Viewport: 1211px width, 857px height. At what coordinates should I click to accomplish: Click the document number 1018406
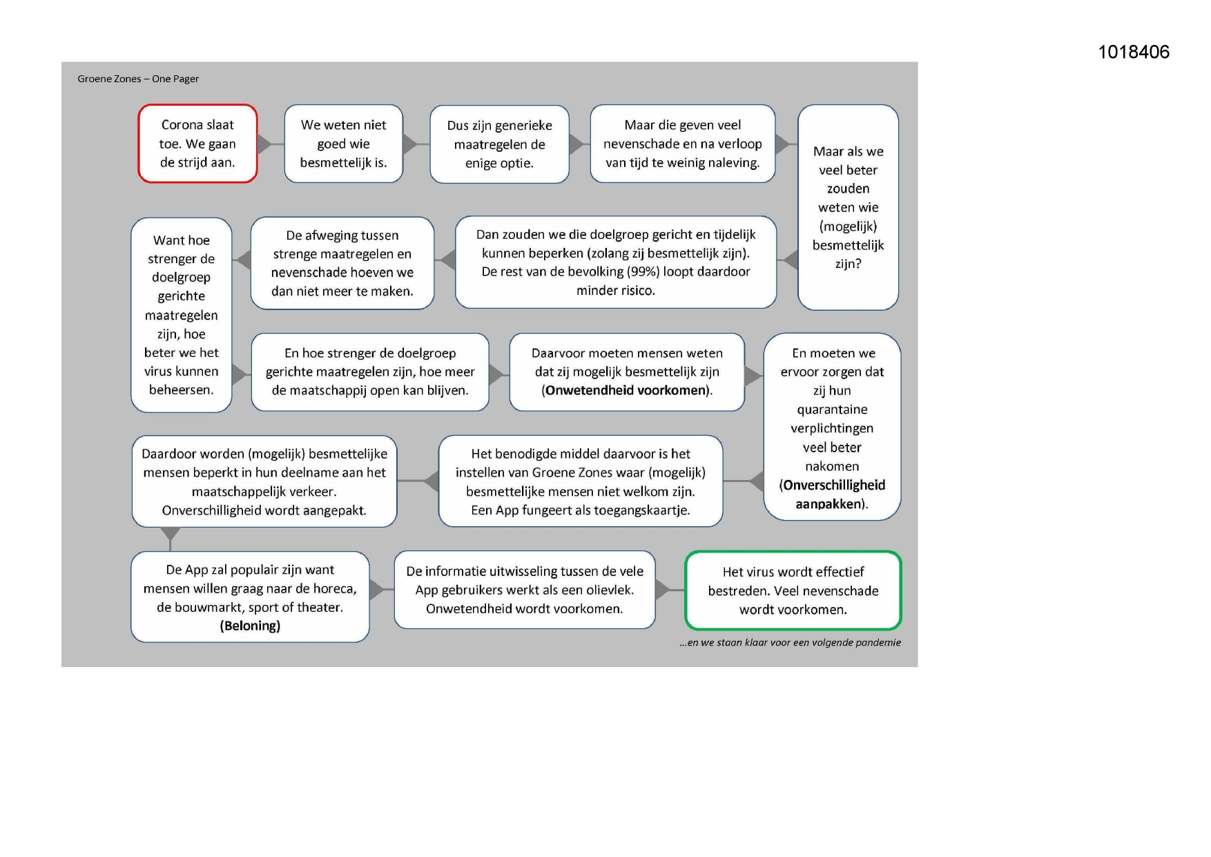point(1133,52)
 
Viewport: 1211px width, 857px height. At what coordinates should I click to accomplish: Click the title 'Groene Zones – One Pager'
point(138,79)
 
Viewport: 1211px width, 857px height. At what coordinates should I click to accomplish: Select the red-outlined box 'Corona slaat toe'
point(197,144)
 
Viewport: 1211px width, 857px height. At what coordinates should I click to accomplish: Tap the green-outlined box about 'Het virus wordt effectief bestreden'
point(793,590)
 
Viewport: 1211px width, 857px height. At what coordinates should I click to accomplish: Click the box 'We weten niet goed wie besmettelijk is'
point(343,144)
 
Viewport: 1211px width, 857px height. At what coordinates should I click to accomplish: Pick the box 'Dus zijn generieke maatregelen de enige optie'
point(499,144)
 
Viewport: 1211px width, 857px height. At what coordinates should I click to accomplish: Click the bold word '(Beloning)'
point(250,626)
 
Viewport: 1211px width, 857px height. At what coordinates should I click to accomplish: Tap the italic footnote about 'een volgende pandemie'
point(790,642)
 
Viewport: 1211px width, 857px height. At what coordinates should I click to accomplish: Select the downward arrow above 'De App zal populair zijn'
point(170,534)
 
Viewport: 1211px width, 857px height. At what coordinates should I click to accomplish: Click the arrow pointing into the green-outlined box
point(662,590)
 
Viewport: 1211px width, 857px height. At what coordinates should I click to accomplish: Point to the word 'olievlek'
point(610,590)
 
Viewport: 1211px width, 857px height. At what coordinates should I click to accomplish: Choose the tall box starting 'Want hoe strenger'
point(181,315)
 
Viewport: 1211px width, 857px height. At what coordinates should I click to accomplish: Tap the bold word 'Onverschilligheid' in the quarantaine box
point(834,485)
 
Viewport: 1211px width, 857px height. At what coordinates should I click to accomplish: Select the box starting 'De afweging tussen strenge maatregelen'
point(342,263)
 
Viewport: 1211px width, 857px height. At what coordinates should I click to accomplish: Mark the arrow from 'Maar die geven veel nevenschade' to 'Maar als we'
point(782,144)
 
